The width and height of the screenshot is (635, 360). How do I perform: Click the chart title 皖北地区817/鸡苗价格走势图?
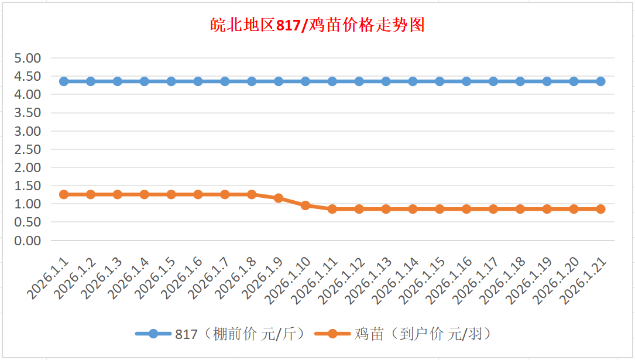coord(317,26)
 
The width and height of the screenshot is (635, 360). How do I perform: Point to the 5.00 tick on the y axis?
coord(28,58)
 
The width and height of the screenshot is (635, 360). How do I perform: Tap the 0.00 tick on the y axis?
coord(28,241)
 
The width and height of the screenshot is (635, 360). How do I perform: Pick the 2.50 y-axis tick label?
coord(28,149)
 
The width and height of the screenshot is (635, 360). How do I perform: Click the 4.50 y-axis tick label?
coord(28,76)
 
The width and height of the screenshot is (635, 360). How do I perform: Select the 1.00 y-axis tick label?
coord(28,204)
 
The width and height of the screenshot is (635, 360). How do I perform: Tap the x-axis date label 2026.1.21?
coord(583,282)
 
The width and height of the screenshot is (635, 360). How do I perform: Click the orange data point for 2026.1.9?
coord(279,198)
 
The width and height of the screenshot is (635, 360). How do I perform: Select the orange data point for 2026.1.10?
coord(306,205)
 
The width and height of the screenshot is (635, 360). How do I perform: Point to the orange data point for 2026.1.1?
coord(64,194)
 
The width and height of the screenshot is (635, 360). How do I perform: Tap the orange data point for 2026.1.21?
coord(600,209)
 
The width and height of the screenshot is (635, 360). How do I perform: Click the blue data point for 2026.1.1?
coord(64,81)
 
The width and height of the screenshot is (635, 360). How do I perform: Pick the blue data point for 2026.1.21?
coord(600,81)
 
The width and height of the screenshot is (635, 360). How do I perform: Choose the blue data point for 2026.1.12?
coord(359,81)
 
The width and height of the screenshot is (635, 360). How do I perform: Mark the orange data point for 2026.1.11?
coord(332,209)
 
